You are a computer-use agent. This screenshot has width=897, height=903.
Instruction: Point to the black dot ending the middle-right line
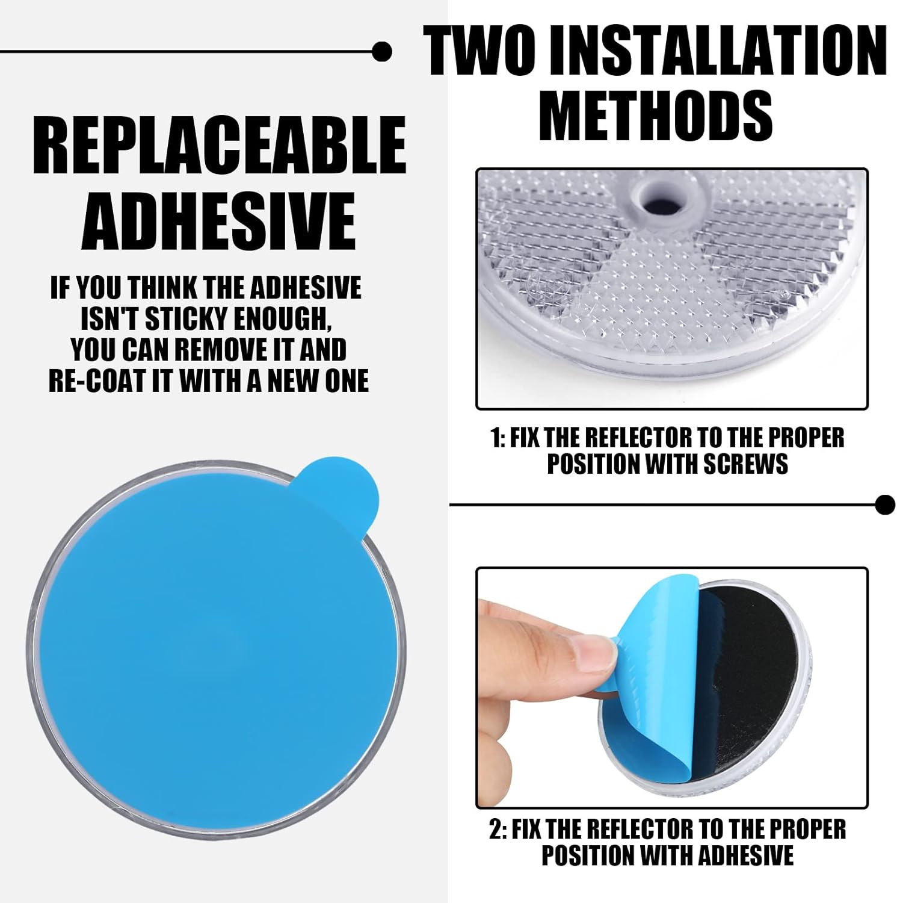[x=885, y=504]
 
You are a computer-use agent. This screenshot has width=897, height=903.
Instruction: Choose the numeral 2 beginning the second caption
[x=495, y=829]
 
